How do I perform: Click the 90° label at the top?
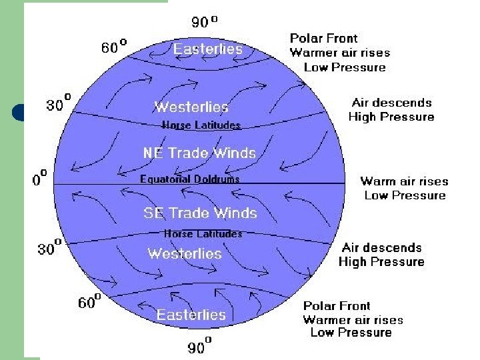click(204, 22)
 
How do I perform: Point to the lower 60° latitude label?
click(90, 303)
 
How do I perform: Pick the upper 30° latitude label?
click(59, 105)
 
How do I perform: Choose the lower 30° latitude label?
click(49, 249)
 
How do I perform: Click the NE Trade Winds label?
click(199, 153)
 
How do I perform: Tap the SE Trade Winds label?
click(200, 213)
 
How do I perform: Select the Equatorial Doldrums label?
click(189, 179)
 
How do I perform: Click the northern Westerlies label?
click(191, 107)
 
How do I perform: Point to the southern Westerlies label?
click(185, 253)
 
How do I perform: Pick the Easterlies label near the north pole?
click(208, 49)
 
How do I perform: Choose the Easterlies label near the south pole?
click(191, 315)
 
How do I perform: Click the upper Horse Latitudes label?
click(201, 125)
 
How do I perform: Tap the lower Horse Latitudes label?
click(203, 233)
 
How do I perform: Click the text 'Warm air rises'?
click(404, 181)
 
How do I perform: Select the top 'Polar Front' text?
click(323, 39)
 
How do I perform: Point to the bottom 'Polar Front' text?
click(337, 305)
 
